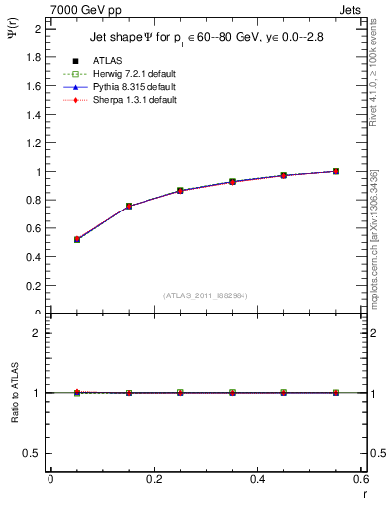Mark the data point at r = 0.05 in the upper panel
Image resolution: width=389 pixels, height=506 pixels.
[77, 239]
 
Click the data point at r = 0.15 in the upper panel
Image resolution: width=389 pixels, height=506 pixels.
[129, 206]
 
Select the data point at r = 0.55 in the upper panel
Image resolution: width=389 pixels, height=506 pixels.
[336, 171]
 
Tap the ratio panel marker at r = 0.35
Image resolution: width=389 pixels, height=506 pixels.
[232, 393]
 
